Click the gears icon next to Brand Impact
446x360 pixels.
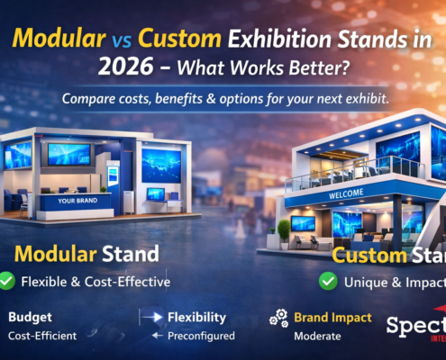pyautogui.click(x=278, y=318)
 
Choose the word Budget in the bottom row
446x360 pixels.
pyautogui.click(x=30, y=318)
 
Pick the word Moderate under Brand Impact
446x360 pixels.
pyautogui.click(x=318, y=336)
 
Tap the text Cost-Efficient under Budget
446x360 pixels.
pyautogui.click(x=43, y=336)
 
